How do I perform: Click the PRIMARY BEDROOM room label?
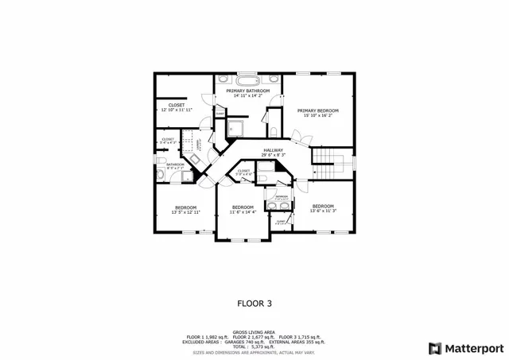[318, 110]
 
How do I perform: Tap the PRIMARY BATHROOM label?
[247, 91]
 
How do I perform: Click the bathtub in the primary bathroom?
[247, 80]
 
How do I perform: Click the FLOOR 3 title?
[254, 303]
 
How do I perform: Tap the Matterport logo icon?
[433, 347]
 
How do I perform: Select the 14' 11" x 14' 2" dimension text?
[247, 97]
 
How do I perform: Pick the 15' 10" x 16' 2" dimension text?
[318, 116]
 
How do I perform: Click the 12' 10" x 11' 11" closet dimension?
[177, 110]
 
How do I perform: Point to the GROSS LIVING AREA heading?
[254, 332]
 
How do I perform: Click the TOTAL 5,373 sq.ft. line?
[254, 346]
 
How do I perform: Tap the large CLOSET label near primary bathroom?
[177, 104]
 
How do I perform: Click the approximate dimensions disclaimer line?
[254, 351]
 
